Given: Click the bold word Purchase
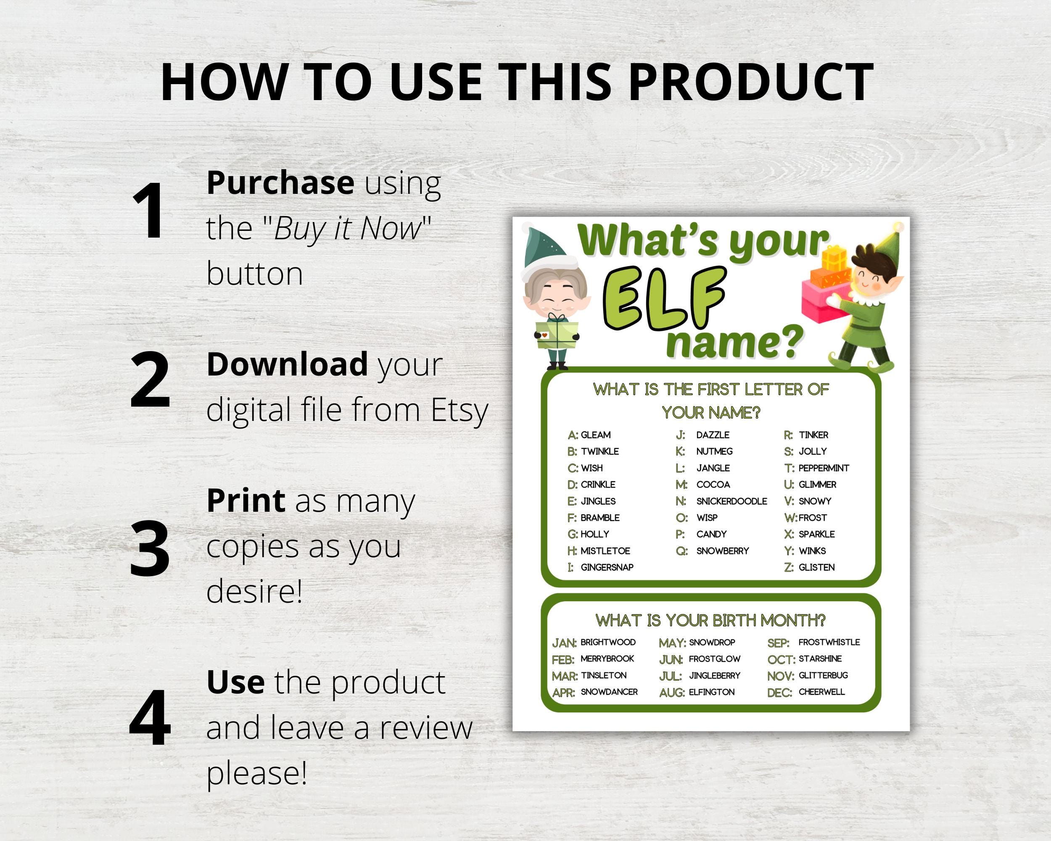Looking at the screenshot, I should click(x=280, y=183).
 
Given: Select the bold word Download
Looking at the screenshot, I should click(x=287, y=364).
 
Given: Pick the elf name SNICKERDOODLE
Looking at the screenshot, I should click(x=731, y=501).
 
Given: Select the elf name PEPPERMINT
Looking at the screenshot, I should click(x=824, y=468).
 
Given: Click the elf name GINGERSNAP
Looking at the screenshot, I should click(x=607, y=568).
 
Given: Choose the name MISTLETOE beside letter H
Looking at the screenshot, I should click(x=605, y=551).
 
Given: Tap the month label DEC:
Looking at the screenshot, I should click(x=779, y=692).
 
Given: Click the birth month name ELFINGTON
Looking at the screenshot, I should click(x=711, y=692).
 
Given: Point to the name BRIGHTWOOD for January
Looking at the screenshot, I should click(x=608, y=643).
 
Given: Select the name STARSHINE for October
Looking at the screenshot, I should click(x=820, y=659).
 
